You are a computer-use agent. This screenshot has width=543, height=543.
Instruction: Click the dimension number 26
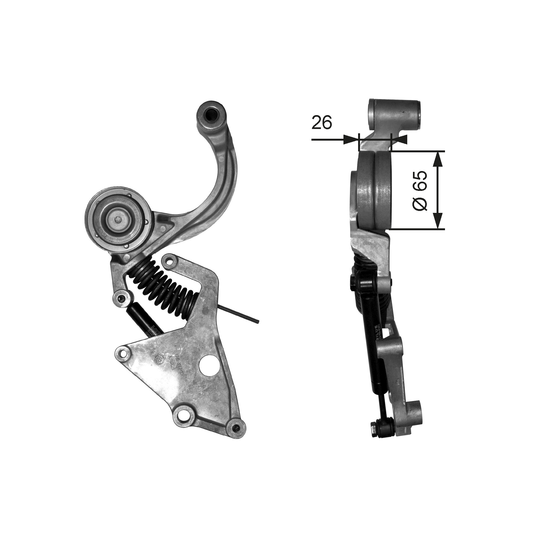pyautogui.click(x=322, y=122)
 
